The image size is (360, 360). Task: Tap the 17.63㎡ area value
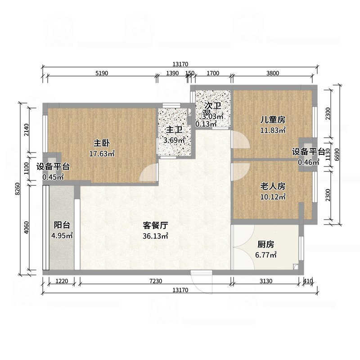coord(102,154)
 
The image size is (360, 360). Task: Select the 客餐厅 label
coord(155,225)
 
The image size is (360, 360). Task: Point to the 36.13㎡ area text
coord(155,236)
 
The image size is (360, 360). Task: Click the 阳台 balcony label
coord(62,225)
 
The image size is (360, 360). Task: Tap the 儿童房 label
coord(273,120)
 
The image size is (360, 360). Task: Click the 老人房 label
coord(273,186)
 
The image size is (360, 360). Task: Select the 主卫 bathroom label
coord(174,130)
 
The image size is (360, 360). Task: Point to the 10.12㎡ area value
coord(273,197)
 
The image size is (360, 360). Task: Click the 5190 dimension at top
coord(101,73)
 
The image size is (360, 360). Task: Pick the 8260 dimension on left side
coord(18,191)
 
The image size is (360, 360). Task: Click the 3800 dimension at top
coord(273,73)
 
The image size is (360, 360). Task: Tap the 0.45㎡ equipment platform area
coord(53,177)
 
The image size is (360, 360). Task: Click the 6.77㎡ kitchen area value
coord(265,255)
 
